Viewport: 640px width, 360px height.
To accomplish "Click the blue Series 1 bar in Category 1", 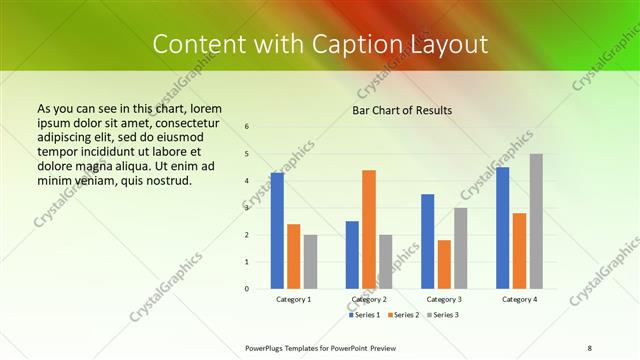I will pyautogui.click(x=277, y=231).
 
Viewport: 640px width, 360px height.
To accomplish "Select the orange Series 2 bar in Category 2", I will pyautogui.click(x=369, y=229).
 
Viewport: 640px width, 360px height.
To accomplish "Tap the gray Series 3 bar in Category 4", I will pyautogui.click(x=536, y=221).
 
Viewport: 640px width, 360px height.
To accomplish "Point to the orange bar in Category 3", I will pyautogui.click(x=444, y=264).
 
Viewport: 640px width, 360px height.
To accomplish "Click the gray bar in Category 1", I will pyautogui.click(x=310, y=261).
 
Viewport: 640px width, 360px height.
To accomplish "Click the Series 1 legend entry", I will pyautogui.click(x=366, y=315).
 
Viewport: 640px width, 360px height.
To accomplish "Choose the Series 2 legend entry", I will pyautogui.click(x=403, y=315).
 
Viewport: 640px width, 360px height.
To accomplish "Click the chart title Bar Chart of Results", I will pyautogui.click(x=402, y=110).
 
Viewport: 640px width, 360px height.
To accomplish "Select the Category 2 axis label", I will pyautogui.click(x=369, y=299).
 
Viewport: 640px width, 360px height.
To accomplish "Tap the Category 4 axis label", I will pyautogui.click(x=519, y=299).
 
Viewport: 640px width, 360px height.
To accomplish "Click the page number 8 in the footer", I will pyautogui.click(x=589, y=347).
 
